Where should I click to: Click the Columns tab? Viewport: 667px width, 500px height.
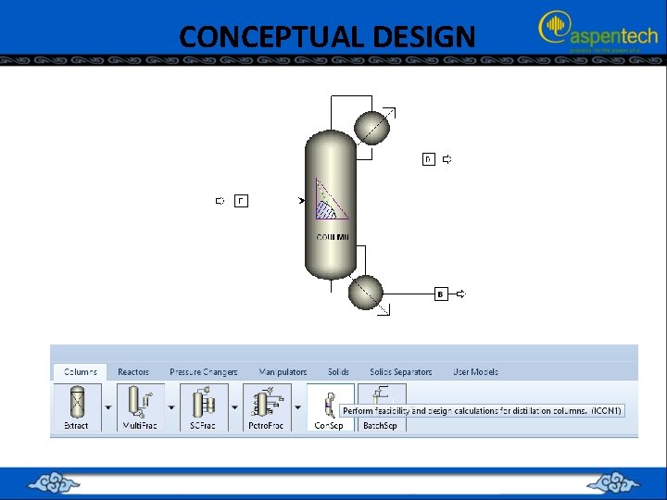click(80, 372)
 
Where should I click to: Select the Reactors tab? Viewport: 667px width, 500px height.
click(133, 372)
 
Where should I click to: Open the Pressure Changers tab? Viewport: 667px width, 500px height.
click(203, 372)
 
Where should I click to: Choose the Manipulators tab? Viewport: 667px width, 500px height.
click(283, 372)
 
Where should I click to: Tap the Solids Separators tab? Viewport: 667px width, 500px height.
click(400, 372)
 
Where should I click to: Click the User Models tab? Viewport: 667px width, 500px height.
click(475, 372)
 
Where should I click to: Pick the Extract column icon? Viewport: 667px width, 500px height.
click(76, 405)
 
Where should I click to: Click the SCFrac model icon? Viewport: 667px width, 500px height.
click(204, 405)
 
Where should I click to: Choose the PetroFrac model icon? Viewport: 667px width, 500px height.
click(267, 405)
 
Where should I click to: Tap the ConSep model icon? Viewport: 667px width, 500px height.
click(328, 405)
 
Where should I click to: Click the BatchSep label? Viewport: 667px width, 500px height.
click(379, 426)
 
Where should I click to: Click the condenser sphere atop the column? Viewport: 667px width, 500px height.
click(374, 127)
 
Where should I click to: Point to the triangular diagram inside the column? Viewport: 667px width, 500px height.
click(330, 201)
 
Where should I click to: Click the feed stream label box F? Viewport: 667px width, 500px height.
click(241, 200)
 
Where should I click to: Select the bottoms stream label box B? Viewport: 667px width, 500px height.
click(441, 294)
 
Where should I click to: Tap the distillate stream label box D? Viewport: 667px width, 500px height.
click(428, 159)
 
